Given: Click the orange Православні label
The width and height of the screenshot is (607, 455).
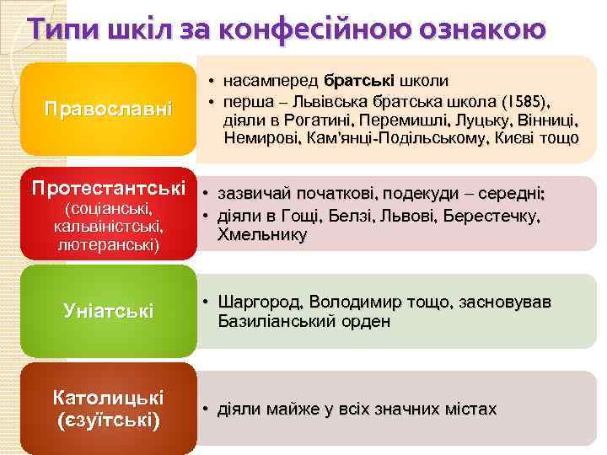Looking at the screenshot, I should [107, 109].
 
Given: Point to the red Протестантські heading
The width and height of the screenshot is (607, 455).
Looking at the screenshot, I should [106, 186].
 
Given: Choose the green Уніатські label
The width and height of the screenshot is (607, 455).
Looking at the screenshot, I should [108, 311].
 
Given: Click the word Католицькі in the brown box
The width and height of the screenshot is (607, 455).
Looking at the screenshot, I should [108, 397].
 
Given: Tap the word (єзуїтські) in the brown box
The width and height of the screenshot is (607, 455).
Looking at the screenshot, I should [108, 419].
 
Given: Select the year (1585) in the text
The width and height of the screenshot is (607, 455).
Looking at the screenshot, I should [525, 102].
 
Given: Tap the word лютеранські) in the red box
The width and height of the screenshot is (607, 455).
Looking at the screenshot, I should [108, 246].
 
